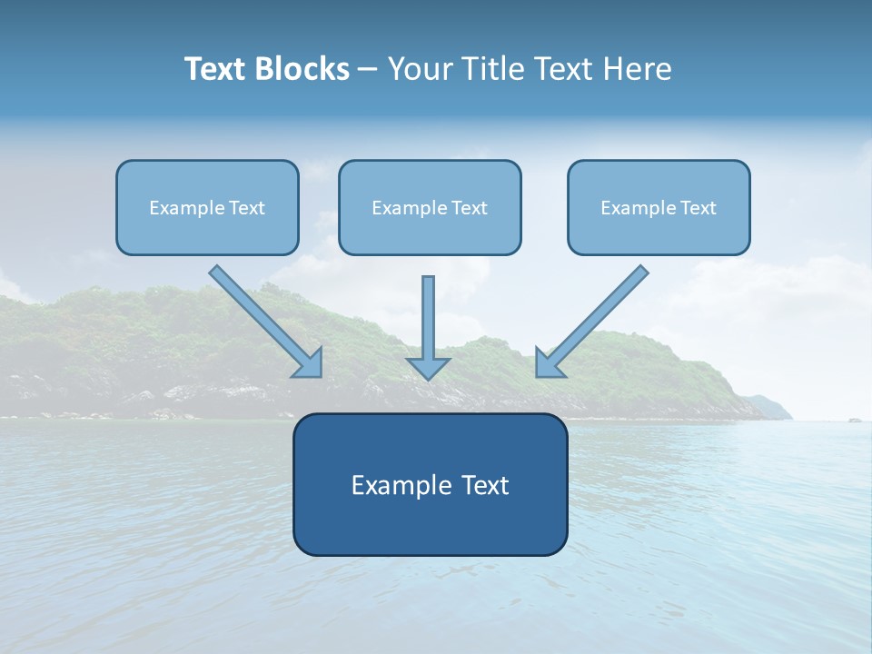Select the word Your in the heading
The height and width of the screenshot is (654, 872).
pos(419,68)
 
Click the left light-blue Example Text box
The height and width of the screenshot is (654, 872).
pos(207,207)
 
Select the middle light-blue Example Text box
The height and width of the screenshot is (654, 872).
pos(430,207)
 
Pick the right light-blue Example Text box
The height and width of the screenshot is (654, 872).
pos(659,207)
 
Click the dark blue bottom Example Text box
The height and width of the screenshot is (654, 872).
pos(430,484)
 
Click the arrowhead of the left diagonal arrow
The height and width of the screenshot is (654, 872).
pos(310,363)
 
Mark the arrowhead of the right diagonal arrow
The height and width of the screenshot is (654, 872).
pos(548,363)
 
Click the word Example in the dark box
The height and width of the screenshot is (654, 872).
pos(396,485)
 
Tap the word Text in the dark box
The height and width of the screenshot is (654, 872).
pos(486,485)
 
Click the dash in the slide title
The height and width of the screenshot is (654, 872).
pos(368,69)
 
